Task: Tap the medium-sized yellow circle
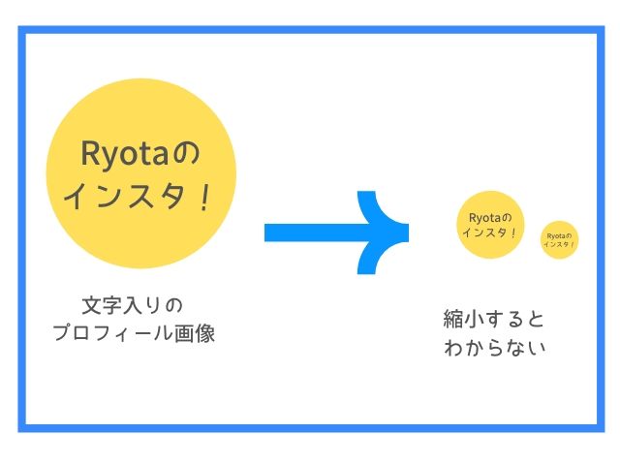(x=489, y=224)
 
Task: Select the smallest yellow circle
(x=558, y=239)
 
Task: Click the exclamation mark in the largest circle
(x=204, y=197)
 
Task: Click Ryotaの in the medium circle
(x=489, y=217)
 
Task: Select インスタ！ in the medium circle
(x=489, y=233)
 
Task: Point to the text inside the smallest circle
(x=558, y=239)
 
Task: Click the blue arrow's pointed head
(x=387, y=232)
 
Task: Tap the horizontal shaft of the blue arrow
(x=310, y=232)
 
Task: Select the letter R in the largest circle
(x=89, y=154)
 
